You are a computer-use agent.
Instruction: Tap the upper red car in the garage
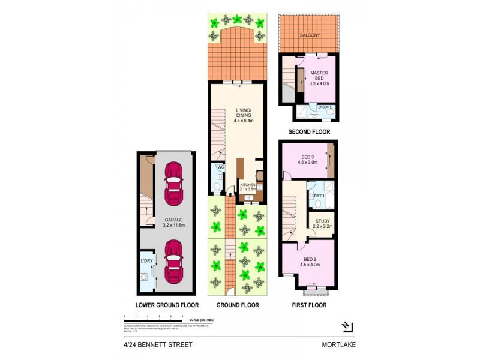tap(174, 184)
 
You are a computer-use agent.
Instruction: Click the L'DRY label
tap(146, 261)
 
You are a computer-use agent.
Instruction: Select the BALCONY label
tap(310, 35)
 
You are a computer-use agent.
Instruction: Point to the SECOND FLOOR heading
tap(309, 132)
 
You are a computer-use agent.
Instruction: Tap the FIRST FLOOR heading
tap(308, 305)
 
